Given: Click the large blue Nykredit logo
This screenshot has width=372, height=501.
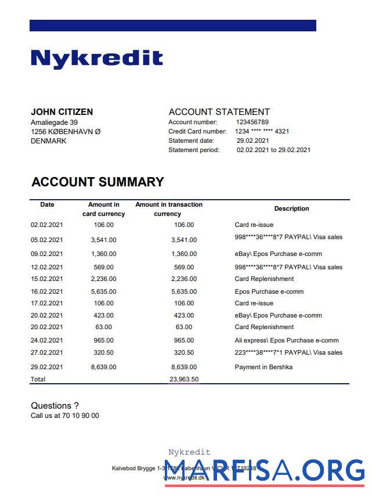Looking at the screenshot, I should pos(96,58).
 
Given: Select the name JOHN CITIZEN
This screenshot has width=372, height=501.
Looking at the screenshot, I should pos(62,112).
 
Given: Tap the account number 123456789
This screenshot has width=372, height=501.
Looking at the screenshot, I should pos(252,122).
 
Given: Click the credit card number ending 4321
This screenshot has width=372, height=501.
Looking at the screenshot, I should pos(262,132).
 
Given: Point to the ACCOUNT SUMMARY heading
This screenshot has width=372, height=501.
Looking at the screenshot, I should pos(97,182).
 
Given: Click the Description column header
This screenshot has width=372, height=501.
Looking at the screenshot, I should pos(291,209).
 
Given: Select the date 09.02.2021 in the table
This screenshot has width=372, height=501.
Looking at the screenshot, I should pos(46,254).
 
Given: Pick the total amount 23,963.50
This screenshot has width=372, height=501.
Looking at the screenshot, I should pos(184,379).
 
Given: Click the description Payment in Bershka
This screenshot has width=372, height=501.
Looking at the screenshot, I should pos(263,367).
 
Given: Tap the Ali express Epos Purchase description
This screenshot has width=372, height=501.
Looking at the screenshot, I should pos(286,340).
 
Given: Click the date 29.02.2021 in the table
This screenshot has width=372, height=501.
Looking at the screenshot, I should pos(46,367).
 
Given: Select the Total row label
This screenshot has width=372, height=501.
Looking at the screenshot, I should pos(38,379).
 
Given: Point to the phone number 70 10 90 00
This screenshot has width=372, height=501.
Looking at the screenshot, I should pos(81,416).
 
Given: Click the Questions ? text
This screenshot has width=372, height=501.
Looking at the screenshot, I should pos(55,406).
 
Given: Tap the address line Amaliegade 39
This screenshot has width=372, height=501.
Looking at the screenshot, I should pos(54,122).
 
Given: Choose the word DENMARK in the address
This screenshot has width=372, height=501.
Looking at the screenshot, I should pos(49,141).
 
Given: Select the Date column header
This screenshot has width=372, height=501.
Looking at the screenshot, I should pos(47,204).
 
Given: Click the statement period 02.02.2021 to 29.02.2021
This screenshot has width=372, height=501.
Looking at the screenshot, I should pos(273,150).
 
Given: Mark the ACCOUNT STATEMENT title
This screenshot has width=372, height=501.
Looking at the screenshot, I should pos(219,112).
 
